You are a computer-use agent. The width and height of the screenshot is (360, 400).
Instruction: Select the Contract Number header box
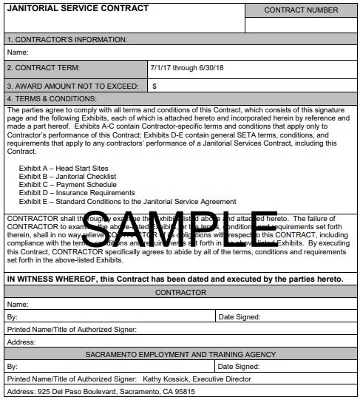[301, 10]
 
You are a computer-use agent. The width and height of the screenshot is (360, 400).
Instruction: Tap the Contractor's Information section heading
[67, 39]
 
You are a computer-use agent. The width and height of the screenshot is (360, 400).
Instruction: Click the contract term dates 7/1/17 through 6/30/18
[186, 67]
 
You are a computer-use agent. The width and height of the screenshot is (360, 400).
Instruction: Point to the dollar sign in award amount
[154, 86]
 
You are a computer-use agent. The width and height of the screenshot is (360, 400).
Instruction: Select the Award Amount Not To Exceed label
[72, 86]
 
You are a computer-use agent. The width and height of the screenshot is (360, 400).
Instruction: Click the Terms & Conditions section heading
[52, 99]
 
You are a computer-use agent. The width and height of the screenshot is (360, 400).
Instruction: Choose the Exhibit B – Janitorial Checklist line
[67, 177]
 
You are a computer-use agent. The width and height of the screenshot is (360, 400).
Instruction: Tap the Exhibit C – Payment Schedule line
[67, 185]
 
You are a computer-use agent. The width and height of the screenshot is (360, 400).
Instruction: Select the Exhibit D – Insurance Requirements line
[77, 193]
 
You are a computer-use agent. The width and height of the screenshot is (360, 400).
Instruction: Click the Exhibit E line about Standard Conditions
[127, 201]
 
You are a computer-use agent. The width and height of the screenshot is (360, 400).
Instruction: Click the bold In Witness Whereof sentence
[175, 279]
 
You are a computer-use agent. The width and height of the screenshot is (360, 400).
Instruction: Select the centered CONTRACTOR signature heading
[180, 293]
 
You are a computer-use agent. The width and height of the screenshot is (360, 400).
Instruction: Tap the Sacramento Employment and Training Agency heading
[180, 354]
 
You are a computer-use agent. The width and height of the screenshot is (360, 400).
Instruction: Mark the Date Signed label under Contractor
[240, 316]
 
